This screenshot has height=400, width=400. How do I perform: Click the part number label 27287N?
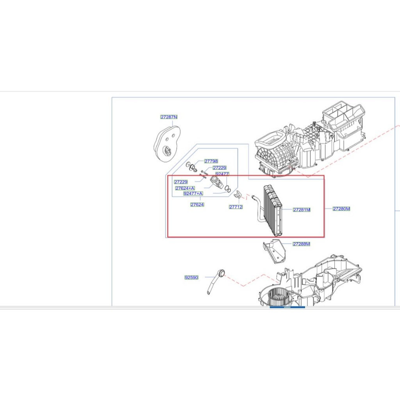point(169,117)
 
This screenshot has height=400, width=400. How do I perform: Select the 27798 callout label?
point(211,161)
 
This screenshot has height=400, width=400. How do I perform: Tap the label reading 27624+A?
point(185,188)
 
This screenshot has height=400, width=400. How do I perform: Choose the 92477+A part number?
point(193,193)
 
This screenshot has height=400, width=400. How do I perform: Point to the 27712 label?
point(236,207)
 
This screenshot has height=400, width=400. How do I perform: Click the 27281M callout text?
point(302,210)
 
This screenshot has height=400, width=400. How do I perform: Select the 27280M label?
point(341,209)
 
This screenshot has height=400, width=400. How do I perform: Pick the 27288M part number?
point(301,244)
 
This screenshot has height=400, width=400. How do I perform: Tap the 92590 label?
point(191,278)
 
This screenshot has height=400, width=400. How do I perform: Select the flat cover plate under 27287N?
point(167,143)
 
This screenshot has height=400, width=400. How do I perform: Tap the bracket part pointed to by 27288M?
point(275,252)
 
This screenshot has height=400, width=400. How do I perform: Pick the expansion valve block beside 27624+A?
point(216,182)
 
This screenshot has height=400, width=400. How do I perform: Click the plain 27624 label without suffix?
point(197,205)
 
